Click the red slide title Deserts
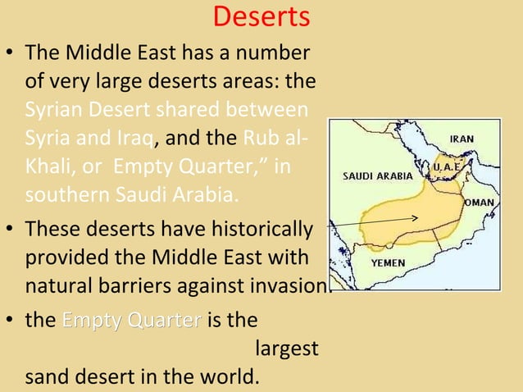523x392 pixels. (261, 16)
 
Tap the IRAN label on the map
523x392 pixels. (461, 139)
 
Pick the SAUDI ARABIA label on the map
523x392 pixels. (377, 175)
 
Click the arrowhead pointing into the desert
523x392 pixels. (416, 218)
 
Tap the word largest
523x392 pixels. (287, 349)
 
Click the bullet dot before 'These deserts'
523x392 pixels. (11, 230)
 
